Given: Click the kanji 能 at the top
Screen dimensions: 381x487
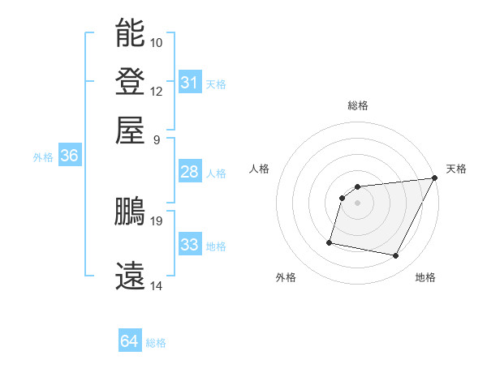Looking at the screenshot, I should click(x=130, y=33).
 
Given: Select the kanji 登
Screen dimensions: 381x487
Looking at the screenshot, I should click(x=130, y=82).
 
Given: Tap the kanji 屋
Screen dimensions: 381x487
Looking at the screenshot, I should click(x=130, y=130).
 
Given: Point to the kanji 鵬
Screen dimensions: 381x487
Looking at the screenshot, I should click(x=130, y=212).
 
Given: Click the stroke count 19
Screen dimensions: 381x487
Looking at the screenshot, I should click(x=157, y=220).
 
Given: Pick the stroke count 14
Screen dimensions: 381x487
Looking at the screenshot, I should click(x=157, y=285).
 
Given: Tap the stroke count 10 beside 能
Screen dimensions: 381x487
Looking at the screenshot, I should click(x=157, y=42).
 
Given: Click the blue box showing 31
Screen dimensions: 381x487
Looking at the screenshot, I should click(x=189, y=83).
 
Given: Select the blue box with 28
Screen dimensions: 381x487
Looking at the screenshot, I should click(x=189, y=172).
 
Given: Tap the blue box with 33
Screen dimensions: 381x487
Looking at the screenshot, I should click(x=189, y=245).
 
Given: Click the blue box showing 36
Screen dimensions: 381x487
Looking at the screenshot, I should click(x=69, y=156).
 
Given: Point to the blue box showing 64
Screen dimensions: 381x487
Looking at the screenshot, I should click(x=129, y=342).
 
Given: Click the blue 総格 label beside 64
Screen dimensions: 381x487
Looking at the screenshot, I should click(x=156, y=343).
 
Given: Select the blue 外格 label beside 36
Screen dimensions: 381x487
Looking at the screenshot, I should click(x=43, y=157).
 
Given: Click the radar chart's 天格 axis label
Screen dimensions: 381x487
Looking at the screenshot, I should click(x=456, y=169).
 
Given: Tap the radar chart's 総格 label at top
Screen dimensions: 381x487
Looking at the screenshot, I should click(x=357, y=105).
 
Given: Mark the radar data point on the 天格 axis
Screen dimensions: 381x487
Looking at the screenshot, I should click(x=434, y=178).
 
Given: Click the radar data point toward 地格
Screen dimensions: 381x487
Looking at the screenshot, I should click(x=396, y=256).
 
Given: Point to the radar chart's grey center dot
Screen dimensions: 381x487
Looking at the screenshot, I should click(x=357, y=203).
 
